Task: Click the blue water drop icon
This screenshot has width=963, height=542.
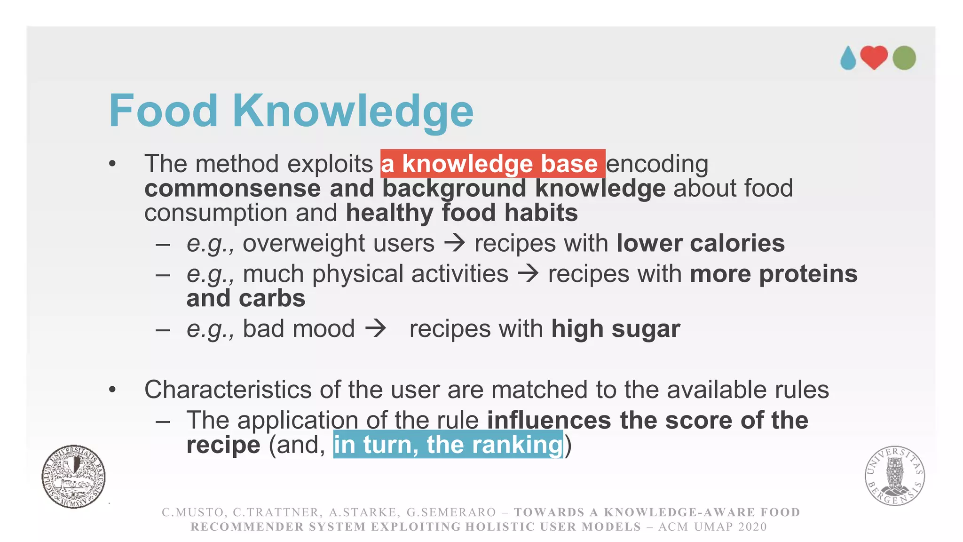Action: coord(848,58)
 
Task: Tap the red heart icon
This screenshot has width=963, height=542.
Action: coord(874,57)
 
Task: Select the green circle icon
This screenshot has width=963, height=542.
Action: coord(904,58)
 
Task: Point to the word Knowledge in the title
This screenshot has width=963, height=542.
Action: coord(353,112)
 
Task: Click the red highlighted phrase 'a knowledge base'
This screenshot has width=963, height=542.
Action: coord(492,164)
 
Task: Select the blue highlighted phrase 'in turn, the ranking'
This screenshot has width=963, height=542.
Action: coord(448,445)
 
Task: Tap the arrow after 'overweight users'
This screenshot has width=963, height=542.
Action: coord(455,243)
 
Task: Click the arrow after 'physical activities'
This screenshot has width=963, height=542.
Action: coord(528,274)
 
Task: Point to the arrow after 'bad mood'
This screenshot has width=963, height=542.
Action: coord(376,328)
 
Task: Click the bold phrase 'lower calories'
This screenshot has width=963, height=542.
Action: coord(700,243)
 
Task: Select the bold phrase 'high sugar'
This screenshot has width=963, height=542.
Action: coord(616,328)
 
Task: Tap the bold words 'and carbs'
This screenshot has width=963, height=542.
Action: coord(246,298)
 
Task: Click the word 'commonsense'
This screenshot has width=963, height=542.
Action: coord(232,188)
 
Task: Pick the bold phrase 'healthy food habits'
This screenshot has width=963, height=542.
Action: coord(462,213)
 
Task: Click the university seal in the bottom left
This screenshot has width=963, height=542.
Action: coord(73,476)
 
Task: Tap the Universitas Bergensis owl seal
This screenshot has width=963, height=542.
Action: coord(894,475)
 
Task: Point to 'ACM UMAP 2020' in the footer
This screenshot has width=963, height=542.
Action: coord(712,527)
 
